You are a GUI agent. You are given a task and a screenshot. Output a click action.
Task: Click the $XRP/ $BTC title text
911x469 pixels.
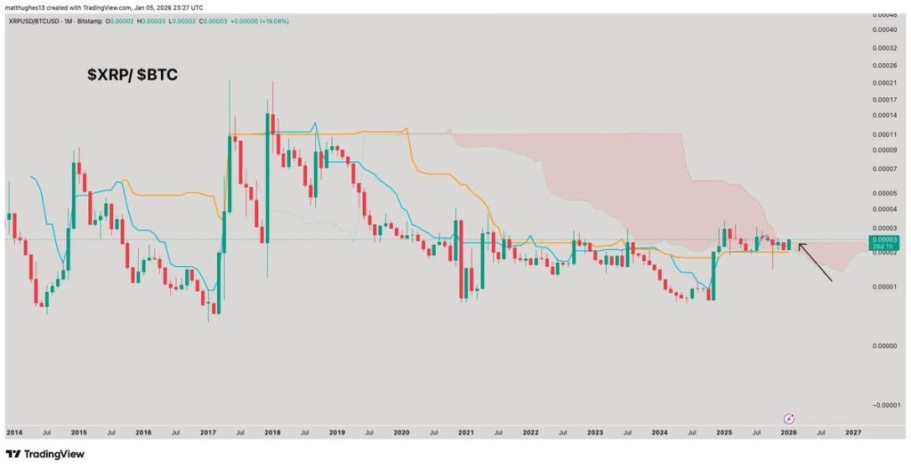[132, 76]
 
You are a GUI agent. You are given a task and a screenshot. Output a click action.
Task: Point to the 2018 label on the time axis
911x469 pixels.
[272, 432]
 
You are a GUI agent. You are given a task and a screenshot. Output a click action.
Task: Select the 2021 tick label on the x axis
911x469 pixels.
[465, 432]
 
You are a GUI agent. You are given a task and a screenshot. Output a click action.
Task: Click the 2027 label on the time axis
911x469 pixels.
[852, 432]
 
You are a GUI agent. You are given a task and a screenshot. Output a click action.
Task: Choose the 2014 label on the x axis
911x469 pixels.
[14, 432]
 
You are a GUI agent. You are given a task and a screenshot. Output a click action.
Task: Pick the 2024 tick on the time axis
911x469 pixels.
[659, 432]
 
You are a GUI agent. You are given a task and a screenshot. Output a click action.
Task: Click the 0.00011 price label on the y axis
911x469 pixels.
[884, 133]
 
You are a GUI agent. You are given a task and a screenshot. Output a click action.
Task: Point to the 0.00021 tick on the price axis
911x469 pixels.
[884, 83]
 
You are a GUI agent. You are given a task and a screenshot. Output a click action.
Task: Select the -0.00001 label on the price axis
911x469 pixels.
[883, 404]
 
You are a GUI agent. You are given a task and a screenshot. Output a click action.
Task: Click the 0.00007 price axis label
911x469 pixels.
[884, 168]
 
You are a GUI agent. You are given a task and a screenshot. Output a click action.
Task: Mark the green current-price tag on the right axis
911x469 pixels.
[884, 242]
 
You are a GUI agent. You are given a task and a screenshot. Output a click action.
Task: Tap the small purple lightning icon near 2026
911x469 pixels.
[788, 417]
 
